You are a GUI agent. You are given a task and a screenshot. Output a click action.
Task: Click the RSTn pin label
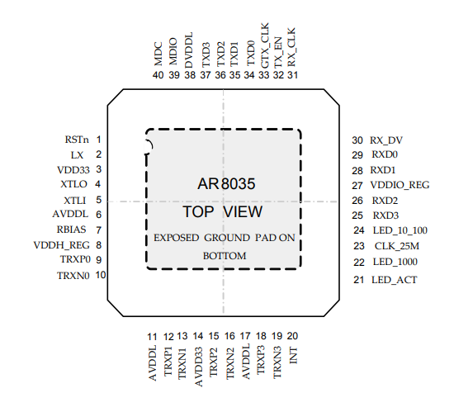[x=77, y=140]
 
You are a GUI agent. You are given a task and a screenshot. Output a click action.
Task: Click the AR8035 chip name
[x=223, y=184]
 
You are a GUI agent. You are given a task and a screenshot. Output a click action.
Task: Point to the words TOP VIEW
[x=223, y=212]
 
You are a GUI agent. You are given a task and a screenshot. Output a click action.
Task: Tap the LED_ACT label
[x=394, y=280]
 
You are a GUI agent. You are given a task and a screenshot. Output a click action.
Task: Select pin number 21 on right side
[x=358, y=280]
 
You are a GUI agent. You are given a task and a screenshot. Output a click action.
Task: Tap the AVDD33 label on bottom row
[x=198, y=364]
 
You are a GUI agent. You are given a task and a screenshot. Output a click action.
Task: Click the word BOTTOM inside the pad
[x=225, y=256]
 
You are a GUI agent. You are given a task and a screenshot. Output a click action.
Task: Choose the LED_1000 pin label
[x=395, y=262]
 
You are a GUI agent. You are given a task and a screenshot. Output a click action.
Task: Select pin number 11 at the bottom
[x=152, y=336]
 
